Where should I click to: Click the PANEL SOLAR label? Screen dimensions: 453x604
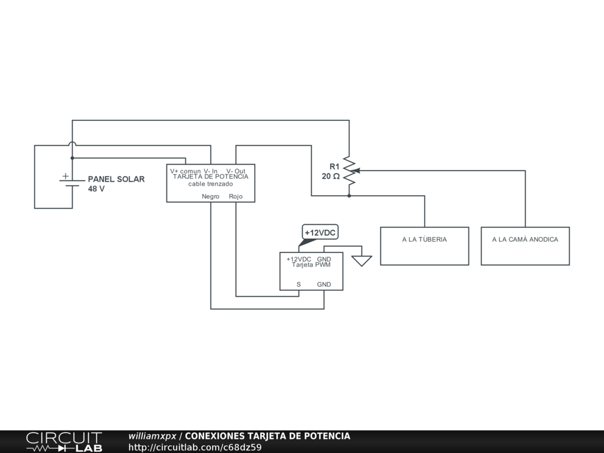click(x=116, y=179)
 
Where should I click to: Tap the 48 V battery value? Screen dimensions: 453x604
click(x=96, y=189)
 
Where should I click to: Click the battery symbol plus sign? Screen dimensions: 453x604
click(x=65, y=176)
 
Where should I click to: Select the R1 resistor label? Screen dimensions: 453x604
click(x=334, y=166)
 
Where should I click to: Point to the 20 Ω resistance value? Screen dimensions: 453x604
click(x=330, y=176)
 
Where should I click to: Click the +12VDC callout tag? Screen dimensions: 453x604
click(x=320, y=233)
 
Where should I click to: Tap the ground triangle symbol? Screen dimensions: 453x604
click(x=362, y=261)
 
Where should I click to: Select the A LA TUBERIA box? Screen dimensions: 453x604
click(x=424, y=246)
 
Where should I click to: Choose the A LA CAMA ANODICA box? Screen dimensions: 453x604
click(x=525, y=246)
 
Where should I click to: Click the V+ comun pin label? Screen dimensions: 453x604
click(x=185, y=171)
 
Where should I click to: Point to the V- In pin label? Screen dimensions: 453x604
click(x=211, y=171)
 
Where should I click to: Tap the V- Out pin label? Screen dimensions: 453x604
click(x=236, y=171)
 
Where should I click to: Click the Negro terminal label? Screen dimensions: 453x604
click(x=211, y=196)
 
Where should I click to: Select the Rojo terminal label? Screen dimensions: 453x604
click(x=236, y=196)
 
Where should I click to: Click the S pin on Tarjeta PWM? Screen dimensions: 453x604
click(x=298, y=284)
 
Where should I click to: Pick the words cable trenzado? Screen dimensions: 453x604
click(x=211, y=184)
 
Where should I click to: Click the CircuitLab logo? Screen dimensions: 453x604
click(x=64, y=442)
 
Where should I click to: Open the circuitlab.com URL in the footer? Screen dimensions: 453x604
click(x=195, y=447)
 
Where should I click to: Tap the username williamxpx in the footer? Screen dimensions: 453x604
click(x=152, y=436)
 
